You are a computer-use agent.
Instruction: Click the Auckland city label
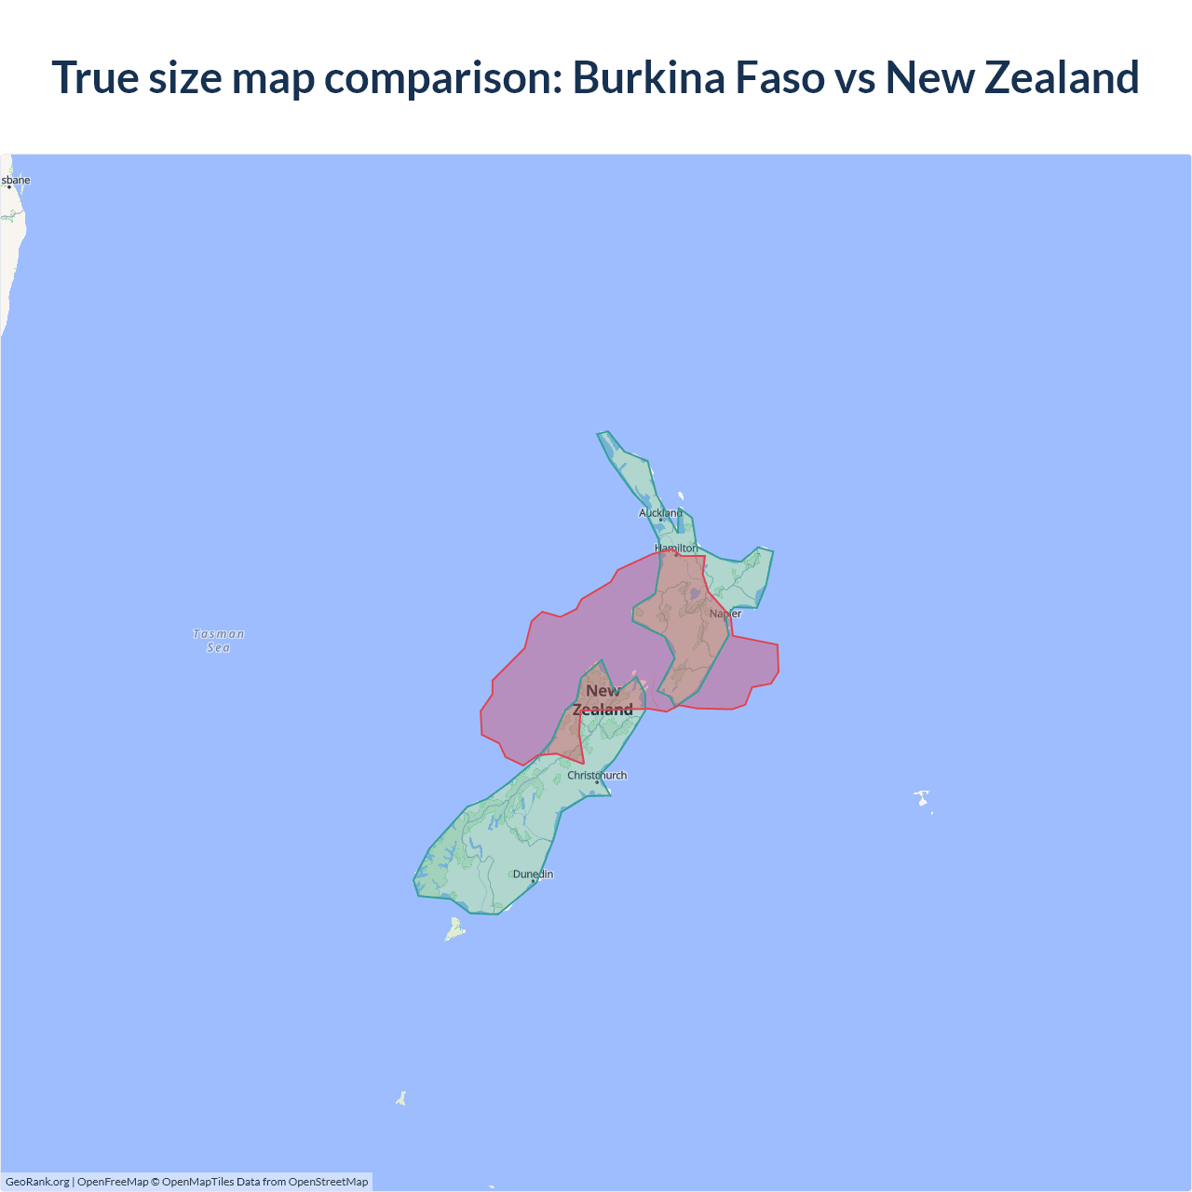(x=660, y=513)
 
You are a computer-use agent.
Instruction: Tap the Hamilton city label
(x=676, y=549)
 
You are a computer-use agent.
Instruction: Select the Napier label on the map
(x=725, y=614)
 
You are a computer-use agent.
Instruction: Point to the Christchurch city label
(x=597, y=775)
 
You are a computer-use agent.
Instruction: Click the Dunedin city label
(x=533, y=874)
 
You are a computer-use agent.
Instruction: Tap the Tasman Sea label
(x=219, y=641)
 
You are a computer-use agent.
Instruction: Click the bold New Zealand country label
(x=603, y=700)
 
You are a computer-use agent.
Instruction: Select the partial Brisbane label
(x=16, y=180)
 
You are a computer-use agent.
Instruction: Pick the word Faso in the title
(x=780, y=77)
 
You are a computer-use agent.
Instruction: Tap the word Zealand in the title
(x=1062, y=77)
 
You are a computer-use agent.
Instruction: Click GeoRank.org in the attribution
(x=37, y=1182)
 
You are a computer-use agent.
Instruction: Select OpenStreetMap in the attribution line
(x=328, y=1182)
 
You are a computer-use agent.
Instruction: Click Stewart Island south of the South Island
(x=454, y=929)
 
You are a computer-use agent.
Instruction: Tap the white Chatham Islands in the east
(x=922, y=798)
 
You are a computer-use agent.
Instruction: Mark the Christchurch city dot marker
(x=597, y=782)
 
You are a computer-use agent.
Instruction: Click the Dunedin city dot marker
(x=533, y=881)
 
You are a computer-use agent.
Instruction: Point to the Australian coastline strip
(x=11, y=251)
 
